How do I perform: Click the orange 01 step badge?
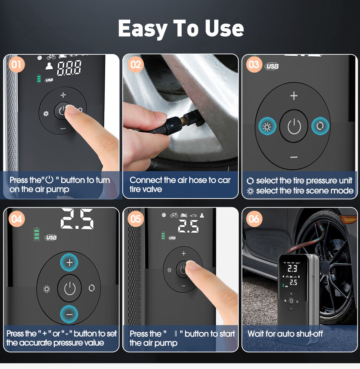pyautogui.click(x=16, y=65)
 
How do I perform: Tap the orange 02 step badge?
pyautogui.click(x=135, y=65)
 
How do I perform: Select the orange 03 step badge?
pyautogui.click(x=254, y=64)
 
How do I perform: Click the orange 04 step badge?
pyautogui.click(x=17, y=218)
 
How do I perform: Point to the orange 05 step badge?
pyautogui.click(x=136, y=218)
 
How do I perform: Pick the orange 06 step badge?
pyautogui.click(x=254, y=218)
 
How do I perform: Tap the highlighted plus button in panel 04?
pyautogui.click(x=69, y=263)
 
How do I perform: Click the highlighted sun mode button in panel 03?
pyautogui.click(x=267, y=127)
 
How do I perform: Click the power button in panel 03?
pyautogui.click(x=294, y=127)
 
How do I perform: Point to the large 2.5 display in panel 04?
pyautogui.click(x=77, y=219)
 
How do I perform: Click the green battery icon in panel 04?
pyautogui.click(x=36, y=234)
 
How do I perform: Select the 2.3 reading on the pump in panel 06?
pyautogui.click(x=292, y=268)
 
